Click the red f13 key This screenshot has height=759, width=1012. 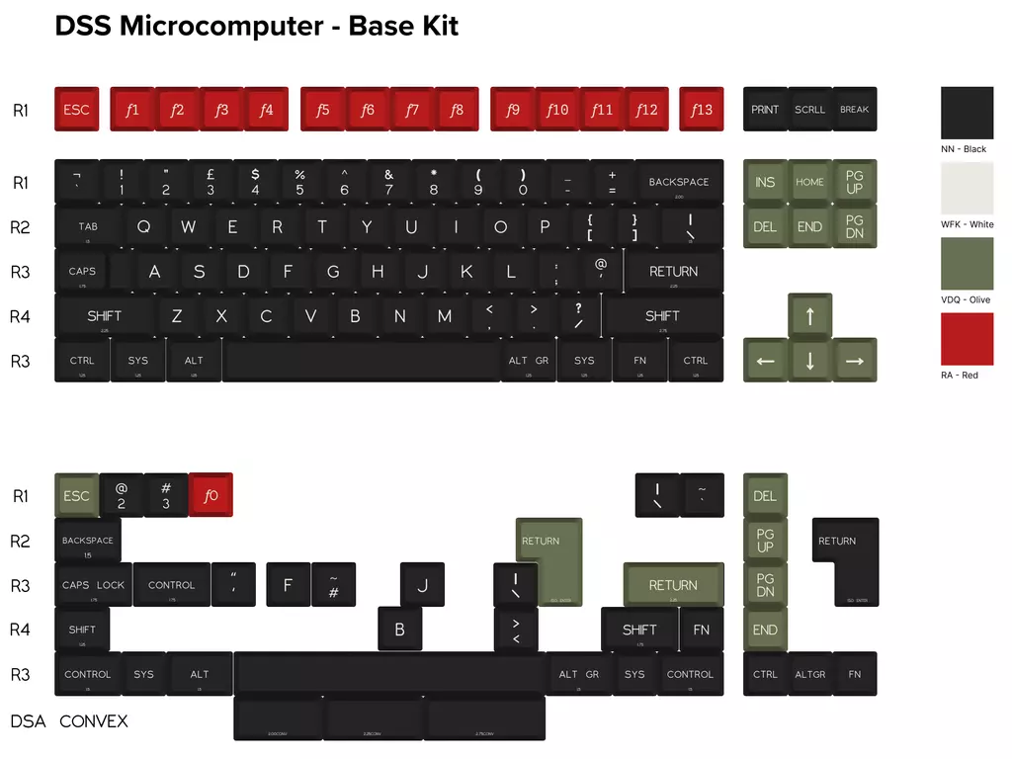pyautogui.click(x=701, y=109)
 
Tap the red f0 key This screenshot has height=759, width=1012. pyautogui.click(x=211, y=495)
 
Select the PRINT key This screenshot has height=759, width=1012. pyautogui.click(x=765, y=109)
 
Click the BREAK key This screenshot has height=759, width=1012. pyautogui.click(x=854, y=109)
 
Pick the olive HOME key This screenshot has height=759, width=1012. pyautogui.click(x=809, y=182)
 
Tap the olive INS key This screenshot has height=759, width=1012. pyautogui.click(x=765, y=182)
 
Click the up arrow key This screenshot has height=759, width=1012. pyautogui.click(x=809, y=316)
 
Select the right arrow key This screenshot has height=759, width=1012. pyautogui.click(x=854, y=361)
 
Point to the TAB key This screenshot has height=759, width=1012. pyautogui.click(x=88, y=226)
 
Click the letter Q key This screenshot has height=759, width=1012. pyautogui.click(x=144, y=226)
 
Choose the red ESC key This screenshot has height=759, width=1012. pyautogui.click(x=76, y=109)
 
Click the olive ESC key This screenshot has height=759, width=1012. pyautogui.click(x=76, y=495)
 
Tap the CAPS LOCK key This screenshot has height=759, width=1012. pyautogui.click(x=94, y=585)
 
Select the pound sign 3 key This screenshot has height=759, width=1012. pyautogui.click(x=211, y=182)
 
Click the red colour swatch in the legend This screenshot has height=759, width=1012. pyautogui.click(x=967, y=339)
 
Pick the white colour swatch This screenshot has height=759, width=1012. pyautogui.click(x=967, y=188)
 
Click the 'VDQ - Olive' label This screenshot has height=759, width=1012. pyautogui.click(x=965, y=299)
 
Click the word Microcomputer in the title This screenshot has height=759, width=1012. pyautogui.click(x=220, y=26)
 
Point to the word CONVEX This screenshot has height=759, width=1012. pyautogui.click(x=94, y=720)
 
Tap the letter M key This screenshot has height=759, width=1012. pyautogui.click(x=445, y=316)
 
